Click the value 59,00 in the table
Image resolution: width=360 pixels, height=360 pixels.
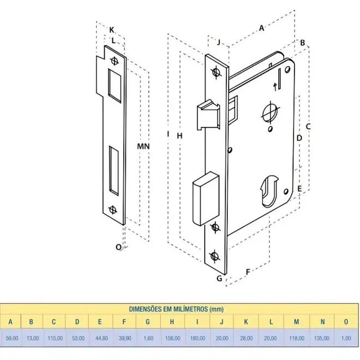click(x=12, y=338)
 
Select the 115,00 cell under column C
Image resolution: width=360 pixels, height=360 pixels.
click(x=55, y=338)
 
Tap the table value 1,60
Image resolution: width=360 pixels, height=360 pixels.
click(x=148, y=338)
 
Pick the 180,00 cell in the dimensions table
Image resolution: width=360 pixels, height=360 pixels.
click(x=197, y=338)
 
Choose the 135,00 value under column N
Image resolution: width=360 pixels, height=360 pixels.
click(x=321, y=338)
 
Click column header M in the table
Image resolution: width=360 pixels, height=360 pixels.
click(x=296, y=322)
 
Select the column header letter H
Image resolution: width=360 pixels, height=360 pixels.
click(x=172, y=322)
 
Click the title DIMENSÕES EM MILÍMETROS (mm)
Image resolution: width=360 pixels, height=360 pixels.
click(x=176, y=309)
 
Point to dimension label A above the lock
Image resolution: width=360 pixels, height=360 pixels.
click(x=261, y=28)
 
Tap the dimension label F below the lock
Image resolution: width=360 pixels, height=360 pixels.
click(x=248, y=272)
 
